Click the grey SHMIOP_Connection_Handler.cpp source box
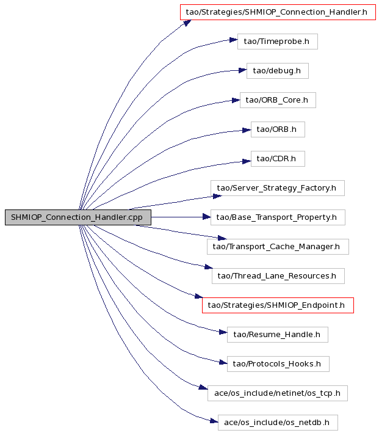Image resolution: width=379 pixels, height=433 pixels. pos(78,217)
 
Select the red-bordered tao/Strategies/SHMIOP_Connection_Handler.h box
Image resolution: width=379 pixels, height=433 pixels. pos(278,12)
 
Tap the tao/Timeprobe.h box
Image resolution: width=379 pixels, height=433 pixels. pos(278,42)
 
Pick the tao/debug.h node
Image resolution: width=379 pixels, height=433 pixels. pos(278,71)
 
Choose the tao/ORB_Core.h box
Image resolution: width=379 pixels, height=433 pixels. pos(278,100)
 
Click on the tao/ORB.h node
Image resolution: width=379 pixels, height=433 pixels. pos(278,129)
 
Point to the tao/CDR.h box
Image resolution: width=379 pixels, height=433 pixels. pos(278,159)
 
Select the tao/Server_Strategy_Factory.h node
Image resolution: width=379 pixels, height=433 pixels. pos(278,188)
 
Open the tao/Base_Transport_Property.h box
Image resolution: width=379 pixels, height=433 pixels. pos(278,217)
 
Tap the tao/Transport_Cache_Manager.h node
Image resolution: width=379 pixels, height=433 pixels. pos(278,247)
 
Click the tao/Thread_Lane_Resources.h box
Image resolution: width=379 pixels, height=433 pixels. pos(278,276)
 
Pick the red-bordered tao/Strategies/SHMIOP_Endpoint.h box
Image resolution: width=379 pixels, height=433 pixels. pos(278,305)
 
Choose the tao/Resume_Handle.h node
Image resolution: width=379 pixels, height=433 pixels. pos(278,335)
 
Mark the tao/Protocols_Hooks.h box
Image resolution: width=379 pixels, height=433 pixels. pos(278,364)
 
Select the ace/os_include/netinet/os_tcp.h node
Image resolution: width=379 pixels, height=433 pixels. pos(278,393)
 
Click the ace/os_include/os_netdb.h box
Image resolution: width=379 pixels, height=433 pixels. pos(278,423)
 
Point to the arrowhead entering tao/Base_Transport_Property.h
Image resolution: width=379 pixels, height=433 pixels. pos(207,217)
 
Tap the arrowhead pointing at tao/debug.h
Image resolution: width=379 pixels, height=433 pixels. pos(243,70)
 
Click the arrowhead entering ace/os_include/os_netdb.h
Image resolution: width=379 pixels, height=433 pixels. pos(214,421)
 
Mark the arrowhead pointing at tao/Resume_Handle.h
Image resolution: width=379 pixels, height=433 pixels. pos(223,332)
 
